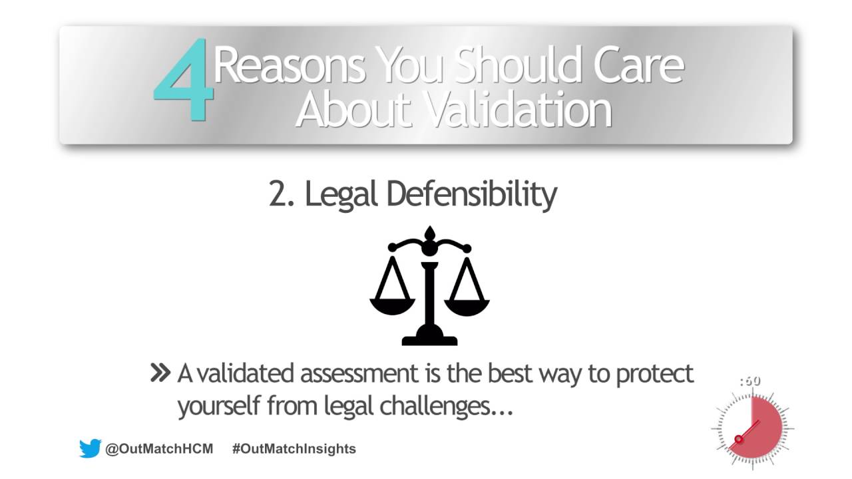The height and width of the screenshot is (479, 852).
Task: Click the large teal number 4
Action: coord(183,82)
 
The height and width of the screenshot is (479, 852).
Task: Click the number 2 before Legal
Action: coord(278,194)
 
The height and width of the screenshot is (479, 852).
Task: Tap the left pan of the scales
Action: coord(392,305)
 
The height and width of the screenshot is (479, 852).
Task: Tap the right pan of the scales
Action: coord(467,305)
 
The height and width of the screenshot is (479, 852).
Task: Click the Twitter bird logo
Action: coord(90,448)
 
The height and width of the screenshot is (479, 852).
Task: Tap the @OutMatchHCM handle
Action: coord(159,448)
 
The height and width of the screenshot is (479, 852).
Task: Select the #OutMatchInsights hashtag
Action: coord(294,448)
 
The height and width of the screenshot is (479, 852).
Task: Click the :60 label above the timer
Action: coord(749,381)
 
